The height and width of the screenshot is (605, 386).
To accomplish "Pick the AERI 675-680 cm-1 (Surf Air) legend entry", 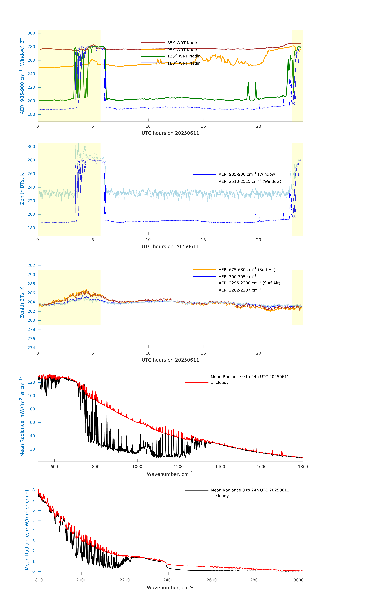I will pos(247,270).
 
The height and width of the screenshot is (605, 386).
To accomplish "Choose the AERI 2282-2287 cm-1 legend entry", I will pos(240,290).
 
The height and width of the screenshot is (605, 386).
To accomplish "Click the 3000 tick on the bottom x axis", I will pos(299,580).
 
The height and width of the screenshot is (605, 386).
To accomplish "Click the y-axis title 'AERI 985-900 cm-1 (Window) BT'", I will pos(22,76).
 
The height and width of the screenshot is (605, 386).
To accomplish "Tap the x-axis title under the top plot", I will pos(170,133).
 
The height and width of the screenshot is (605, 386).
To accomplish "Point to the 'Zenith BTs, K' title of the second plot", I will pos(22,189).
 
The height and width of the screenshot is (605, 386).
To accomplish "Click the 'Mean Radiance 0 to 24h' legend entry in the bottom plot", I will pos(250,490).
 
